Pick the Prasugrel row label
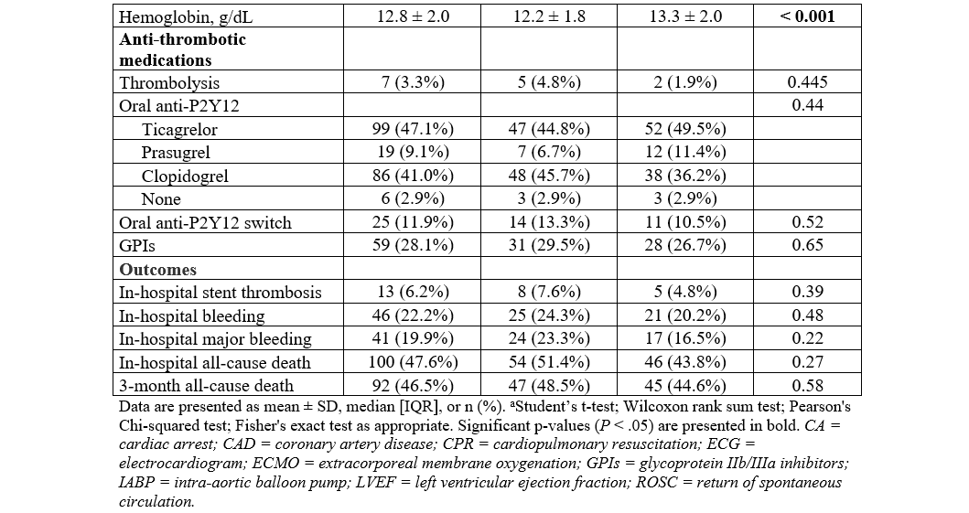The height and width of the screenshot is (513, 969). (175, 152)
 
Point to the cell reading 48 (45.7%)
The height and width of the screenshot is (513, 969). (547, 176)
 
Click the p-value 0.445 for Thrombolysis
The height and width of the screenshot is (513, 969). (806, 82)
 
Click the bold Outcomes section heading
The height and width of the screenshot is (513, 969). (157, 269)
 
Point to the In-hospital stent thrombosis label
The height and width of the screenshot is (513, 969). (221, 293)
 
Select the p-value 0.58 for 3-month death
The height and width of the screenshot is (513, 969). (806, 386)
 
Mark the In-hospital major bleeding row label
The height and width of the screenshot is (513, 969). (215, 339)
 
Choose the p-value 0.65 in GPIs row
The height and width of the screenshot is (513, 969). (806, 245)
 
